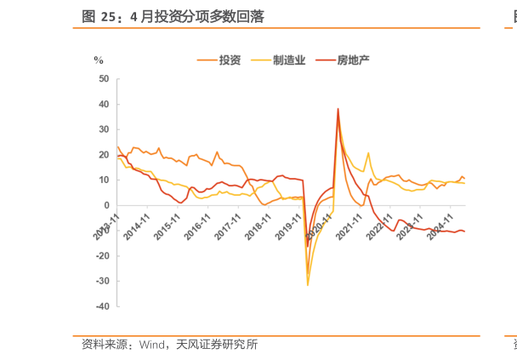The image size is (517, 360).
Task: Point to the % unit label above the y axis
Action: tap(99, 60)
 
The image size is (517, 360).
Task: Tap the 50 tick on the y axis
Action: tap(104, 79)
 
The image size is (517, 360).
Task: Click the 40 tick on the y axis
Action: tap(104, 105)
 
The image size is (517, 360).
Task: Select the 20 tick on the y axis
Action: tap(104, 155)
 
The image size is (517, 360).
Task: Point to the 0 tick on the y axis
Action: tap(106, 205)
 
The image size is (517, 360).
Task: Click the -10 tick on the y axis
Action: tap(102, 231)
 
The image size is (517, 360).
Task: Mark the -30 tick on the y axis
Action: tap(102, 281)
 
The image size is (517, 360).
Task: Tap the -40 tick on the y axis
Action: tap(102, 306)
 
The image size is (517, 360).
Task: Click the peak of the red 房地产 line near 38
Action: tap(338, 109)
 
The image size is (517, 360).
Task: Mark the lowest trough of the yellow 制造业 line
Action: tap(308, 284)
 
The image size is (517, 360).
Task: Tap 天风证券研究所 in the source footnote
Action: tap(217, 345)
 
